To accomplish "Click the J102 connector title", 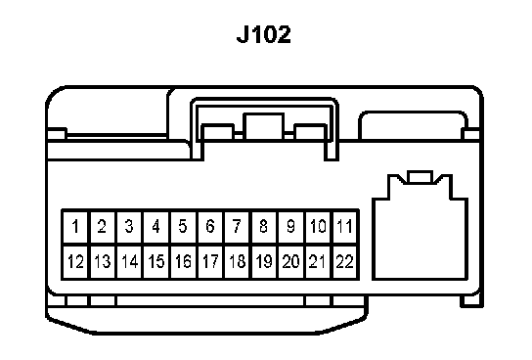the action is point(264,34).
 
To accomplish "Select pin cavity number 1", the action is point(75,226).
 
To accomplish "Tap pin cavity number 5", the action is point(183,226).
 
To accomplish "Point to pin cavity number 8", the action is point(264,226).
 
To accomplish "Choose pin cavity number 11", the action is point(345,226).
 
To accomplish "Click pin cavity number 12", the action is point(75,261).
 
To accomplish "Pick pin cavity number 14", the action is point(129,261).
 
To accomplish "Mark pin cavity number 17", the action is point(210,261).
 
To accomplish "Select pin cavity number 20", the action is point(290,261).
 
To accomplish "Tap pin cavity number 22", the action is point(345,261).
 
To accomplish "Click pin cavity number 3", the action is point(129,226).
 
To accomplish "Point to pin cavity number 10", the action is point(318,226).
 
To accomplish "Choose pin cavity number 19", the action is point(264,261).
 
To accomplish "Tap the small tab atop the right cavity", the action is point(421,177).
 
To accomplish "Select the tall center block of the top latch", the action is point(264,126).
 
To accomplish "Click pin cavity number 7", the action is point(237,226).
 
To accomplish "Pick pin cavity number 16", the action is point(183,261).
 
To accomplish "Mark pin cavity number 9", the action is point(290,226).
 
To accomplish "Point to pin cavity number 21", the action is point(318,261).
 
